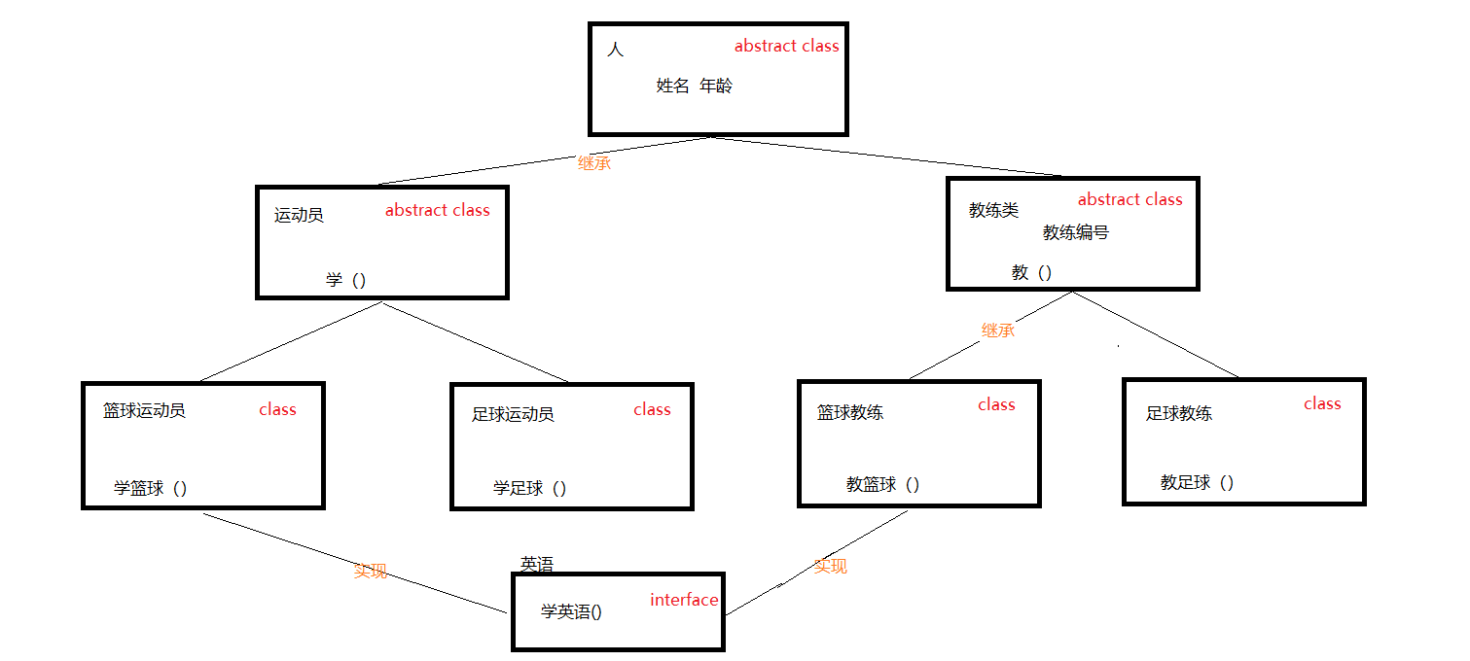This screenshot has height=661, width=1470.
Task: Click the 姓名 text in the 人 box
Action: point(672,86)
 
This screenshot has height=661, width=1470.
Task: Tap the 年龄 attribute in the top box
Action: point(716,86)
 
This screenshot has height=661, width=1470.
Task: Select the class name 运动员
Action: point(299,216)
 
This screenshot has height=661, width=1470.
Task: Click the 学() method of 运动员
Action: point(345,280)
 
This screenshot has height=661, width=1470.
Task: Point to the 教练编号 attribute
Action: point(1075,232)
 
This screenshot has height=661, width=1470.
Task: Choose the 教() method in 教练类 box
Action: point(1031,272)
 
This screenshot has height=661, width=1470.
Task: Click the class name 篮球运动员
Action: point(144,410)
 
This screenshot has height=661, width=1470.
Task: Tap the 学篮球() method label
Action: point(150,488)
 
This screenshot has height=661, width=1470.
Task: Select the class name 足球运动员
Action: point(513,415)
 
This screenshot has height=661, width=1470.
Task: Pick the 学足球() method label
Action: point(529,488)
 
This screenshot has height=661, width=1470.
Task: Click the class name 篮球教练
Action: point(850,412)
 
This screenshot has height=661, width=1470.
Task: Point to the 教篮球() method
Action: point(882,484)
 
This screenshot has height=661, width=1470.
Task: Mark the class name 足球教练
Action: point(1179,413)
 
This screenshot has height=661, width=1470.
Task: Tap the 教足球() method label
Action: point(1197,482)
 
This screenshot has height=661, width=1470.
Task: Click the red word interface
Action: point(684,600)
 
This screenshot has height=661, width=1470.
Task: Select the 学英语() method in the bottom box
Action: point(571,611)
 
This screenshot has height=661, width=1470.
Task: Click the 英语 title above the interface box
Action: point(537,564)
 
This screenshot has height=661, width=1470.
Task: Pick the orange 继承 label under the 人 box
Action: point(594,163)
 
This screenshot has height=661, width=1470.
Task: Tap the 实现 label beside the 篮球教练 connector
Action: point(830,566)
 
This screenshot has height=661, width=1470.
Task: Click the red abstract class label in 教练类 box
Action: point(1129,199)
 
